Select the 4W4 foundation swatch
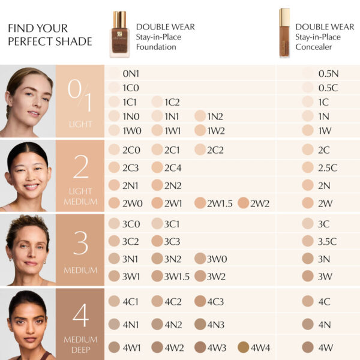click(243, 347)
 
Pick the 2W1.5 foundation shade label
click(221, 203)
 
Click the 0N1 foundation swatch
click(114, 73)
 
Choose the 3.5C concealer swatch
click(308, 241)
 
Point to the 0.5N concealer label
click(329, 73)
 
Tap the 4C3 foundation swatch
click(200, 301)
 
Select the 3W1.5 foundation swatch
click(157, 276)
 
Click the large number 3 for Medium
click(81, 242)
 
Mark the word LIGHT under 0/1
click(80, 124)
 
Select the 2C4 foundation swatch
click(157, 167)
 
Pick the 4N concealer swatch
click(308, 324)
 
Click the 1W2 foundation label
click(216, 130)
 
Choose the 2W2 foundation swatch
click(243, 203)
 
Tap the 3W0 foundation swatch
click(200, 259)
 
